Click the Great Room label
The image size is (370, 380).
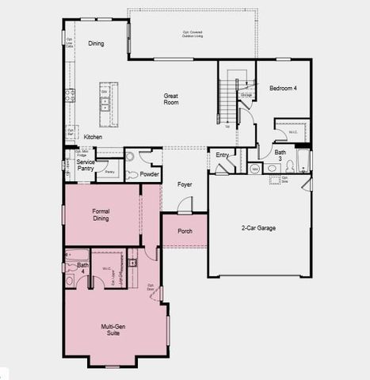pos(170,100)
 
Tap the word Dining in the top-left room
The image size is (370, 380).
pos(96,44)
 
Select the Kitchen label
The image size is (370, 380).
pos(93,137)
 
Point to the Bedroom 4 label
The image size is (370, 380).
pos(283,88)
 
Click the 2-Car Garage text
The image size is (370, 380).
pos(258,228)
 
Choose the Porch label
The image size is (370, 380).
pos(185,231)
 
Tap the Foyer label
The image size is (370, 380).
pos(185,184)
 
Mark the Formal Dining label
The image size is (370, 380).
pos(101,215)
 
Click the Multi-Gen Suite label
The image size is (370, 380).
pos(116,329)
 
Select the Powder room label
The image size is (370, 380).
pos(151,174)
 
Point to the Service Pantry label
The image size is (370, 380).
pos(86,165)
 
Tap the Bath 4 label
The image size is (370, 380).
pos(82,268)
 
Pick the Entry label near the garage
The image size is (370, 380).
pos(223,155)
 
